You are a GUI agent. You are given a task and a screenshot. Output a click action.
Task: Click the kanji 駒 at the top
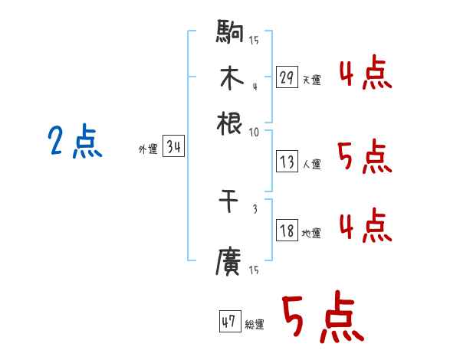[x=230, y=34]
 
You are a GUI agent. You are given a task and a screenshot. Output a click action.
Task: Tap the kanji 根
[x=230, y=123]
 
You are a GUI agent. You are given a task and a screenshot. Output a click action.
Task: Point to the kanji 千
[x=230, y=201]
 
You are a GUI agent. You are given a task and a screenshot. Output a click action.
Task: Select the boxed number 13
[x=287, y=162]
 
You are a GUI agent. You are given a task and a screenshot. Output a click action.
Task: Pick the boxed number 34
[x=173, y=147]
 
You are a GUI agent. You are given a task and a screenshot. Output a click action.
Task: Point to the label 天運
[x=311, y=80]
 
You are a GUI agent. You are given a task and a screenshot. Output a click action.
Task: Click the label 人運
[x=311, y=163]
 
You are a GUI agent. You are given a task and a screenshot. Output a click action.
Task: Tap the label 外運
[x=148, y=149]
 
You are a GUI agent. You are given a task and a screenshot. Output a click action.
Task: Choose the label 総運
[x=254, y=324]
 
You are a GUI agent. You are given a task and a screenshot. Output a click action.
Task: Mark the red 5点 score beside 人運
[x=365, y=157]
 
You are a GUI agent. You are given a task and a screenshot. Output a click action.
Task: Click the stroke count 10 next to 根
[x=254, y=132]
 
